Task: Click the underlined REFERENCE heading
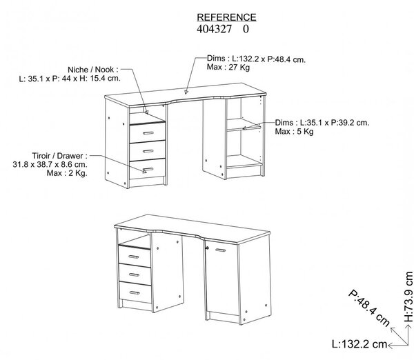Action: coord(226,17)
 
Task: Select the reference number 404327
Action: coord(214,29)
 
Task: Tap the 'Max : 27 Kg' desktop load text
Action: coord(228,68)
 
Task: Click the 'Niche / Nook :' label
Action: coord(93,70)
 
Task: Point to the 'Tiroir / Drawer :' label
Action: coord(59,156)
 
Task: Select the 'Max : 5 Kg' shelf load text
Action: coord(294,132)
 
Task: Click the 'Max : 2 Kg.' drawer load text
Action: coord(67,173)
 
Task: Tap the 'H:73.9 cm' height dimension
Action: coord(408,297)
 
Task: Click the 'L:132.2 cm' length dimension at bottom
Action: coord(359,344)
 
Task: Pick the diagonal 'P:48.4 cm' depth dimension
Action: coord(369,308)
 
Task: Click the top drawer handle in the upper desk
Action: coord(148,132)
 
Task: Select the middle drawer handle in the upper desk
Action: coord(148,151)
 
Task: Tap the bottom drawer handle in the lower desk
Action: coord(135,292)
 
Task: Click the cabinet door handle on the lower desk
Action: coord(221,250)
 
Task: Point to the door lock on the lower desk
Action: coord(207,248)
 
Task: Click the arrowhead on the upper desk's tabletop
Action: coord(186,92)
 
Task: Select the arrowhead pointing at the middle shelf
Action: coord(244,128)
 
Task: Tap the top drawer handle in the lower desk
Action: coord(133,257)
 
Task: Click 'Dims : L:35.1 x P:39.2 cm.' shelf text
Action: coord(322,123)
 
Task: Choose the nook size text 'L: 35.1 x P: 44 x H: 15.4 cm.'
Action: coord(70,79)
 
